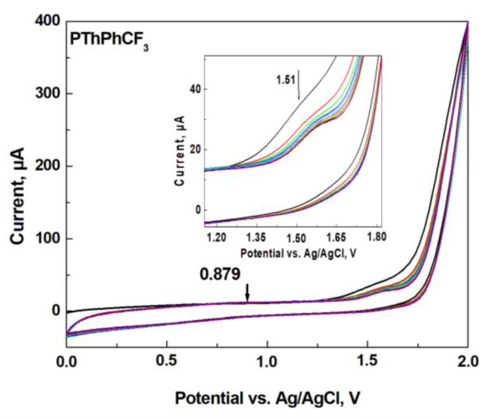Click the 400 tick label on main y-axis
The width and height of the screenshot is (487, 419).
(47, 21)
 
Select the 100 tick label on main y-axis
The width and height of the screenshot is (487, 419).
(47, 238)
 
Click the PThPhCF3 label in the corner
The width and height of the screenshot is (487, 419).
(109, 40)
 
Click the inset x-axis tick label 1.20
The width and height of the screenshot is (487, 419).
(217, 237)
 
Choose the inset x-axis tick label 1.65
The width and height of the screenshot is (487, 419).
(336, 237)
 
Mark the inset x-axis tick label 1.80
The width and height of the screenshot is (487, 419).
(376, 237)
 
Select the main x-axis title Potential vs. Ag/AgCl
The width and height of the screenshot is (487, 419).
(267, 398)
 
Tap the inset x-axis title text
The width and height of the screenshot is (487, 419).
(298, 253)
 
